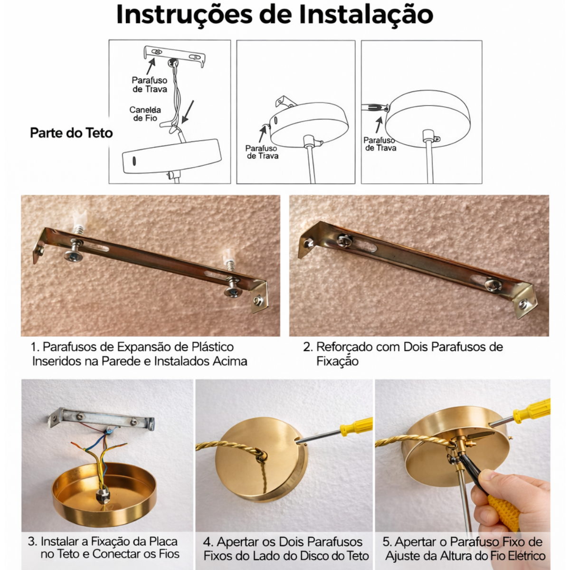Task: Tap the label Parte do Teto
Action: [71, 133]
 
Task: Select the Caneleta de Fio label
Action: [145, 114]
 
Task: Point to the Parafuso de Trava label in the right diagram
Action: [380, 144]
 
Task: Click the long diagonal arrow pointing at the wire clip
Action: [188, 112]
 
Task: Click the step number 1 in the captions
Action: [35, 347]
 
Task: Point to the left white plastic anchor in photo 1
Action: [80, 218]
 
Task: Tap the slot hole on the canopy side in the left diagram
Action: [134, 161]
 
